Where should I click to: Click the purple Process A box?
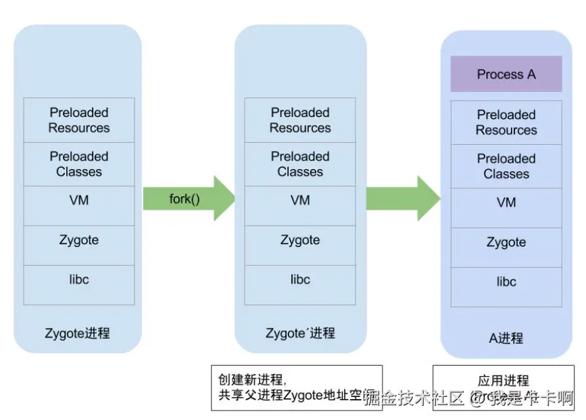point(506,74)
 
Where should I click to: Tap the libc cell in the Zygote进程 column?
point(79,279)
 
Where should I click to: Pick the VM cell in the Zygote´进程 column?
point(300,201)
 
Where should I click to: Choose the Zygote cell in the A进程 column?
point(506,242)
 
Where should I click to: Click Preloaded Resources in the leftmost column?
point(79,120)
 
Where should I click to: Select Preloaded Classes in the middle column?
point(300,164)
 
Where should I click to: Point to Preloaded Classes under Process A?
point(506,166)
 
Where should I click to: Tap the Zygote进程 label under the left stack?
point(77,333)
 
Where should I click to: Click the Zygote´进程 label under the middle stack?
point(300,333)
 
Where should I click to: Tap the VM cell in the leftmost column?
point(79,201)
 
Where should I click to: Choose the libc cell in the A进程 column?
point(506,281)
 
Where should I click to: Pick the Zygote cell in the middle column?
point(300,240)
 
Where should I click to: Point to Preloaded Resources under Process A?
point(506,122)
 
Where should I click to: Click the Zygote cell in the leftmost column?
point(79,240)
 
